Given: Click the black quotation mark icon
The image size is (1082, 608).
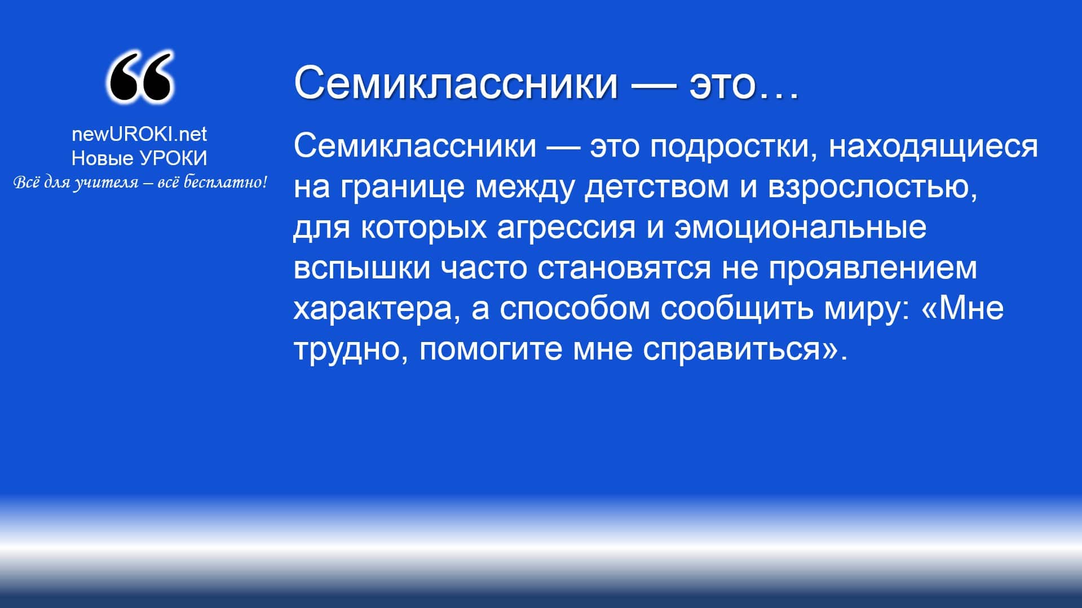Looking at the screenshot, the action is coord(140,77).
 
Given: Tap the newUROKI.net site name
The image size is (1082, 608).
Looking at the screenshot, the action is coord(139,134).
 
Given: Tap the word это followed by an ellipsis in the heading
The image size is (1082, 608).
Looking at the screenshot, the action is coord(744,83).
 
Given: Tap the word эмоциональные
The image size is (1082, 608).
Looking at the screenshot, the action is coord(800,227).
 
